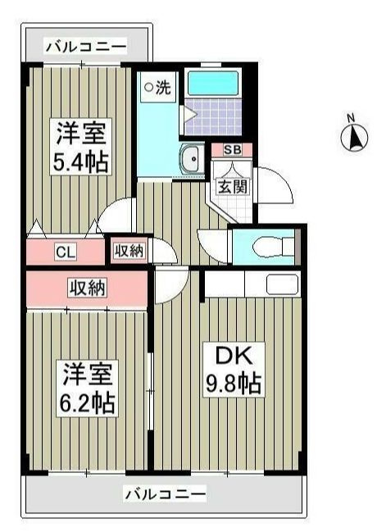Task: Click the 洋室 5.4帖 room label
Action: [81, 147]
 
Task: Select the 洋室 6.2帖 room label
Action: [87, 389]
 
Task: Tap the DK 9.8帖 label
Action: [234, 370]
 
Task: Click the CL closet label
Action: [66, 252]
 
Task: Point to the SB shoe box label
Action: [232, 150]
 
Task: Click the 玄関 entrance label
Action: [232, 185]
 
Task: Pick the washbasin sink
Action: [192, 159]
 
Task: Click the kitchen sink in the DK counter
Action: [282, 284]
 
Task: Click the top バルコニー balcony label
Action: [86, 46]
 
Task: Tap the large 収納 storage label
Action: [88, 288]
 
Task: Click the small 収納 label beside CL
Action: [129, 252]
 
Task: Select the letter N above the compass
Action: [351, 118]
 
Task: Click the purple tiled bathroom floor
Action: [213, 117]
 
